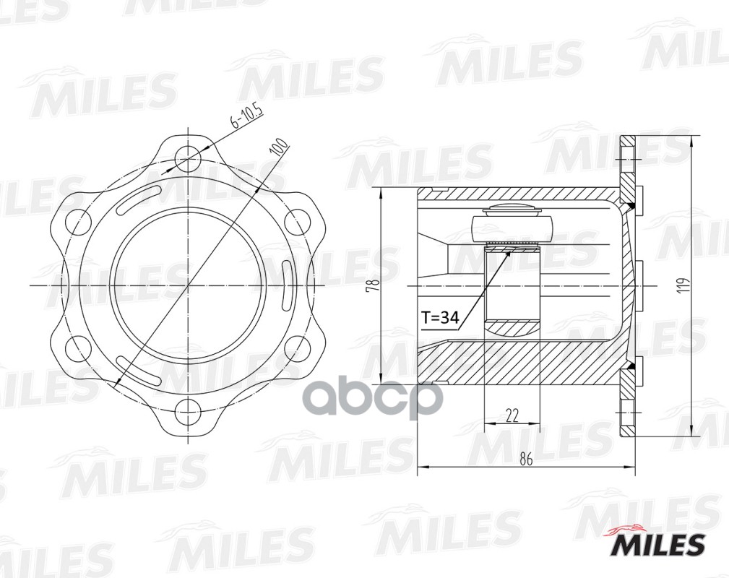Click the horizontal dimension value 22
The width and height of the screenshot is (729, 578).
click(512, 414)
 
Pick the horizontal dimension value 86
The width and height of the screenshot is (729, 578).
click(526, 461)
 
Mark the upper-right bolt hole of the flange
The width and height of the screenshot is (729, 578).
click(297, 220)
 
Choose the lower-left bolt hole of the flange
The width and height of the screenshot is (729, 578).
click(77, 350)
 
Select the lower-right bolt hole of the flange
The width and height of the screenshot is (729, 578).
click(297, 350)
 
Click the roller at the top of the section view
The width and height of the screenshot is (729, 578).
click(512, 225)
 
